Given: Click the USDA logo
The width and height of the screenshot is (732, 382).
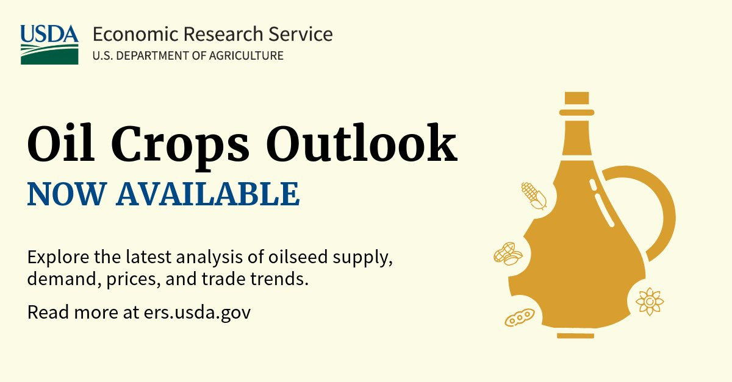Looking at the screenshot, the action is tap(49, 44).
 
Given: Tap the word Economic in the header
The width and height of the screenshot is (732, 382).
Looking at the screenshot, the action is tap(136, 34).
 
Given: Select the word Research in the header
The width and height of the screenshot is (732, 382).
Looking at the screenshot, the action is tap(223, 34).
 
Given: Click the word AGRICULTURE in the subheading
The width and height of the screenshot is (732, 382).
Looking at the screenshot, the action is tap(246, 56).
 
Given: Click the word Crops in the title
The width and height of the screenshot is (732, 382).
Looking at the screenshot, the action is tap(181, 146).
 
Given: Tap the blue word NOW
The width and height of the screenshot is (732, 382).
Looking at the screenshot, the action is tap(67, 194).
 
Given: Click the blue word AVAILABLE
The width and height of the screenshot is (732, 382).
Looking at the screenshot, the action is tap(208, 194).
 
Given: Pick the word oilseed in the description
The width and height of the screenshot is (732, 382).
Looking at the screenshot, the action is tap(298, 256).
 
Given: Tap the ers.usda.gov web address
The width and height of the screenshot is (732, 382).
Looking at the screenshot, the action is tap(198, 313).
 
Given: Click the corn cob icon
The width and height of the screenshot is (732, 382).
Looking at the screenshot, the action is tap(534, 196).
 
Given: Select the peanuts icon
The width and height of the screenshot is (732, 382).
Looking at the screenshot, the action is tap(508, 253).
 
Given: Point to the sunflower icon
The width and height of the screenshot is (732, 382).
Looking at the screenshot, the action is tap(650, 301).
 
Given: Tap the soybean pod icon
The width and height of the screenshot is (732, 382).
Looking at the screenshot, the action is tap(520, 317).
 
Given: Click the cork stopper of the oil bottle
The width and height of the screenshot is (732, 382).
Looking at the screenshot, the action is tap(577, 98).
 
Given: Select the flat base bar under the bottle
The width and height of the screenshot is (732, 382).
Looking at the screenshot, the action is tap(575, 336).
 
